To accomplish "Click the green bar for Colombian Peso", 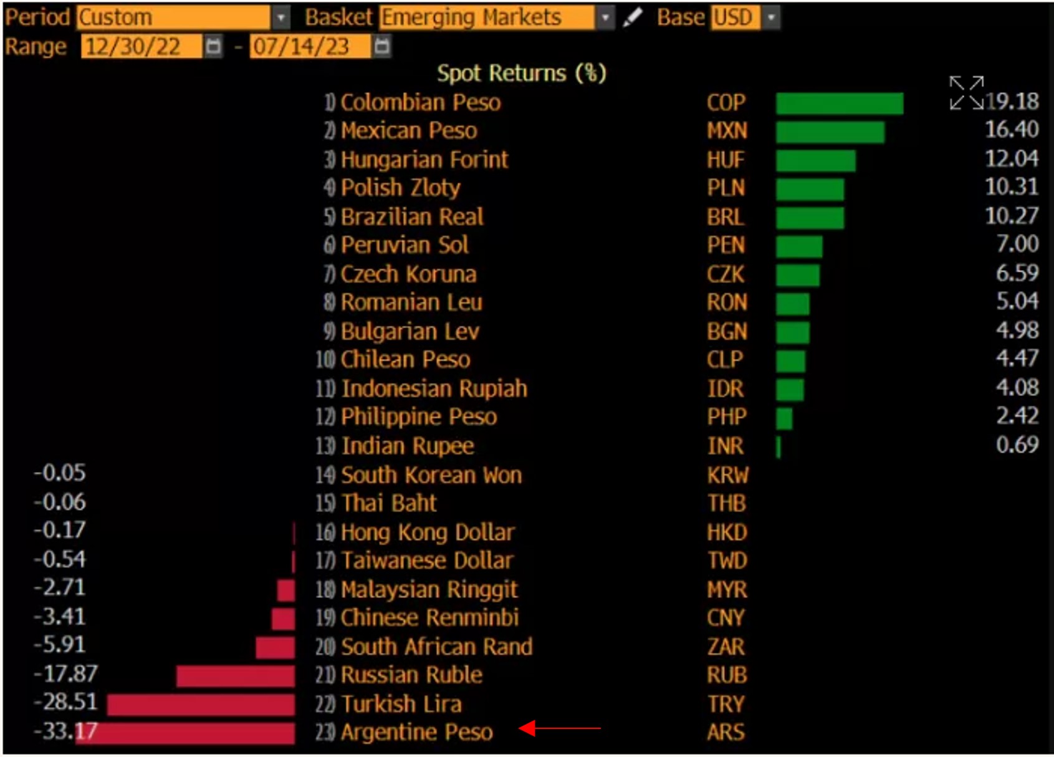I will pyautogui.click(x=839, y=103).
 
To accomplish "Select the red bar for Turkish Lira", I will pyautogui.click(x=201, y=705).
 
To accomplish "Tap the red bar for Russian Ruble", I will pyautogui.click(x=235, y=676).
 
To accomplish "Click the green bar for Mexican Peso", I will pyautogui.click(x=830, y=132).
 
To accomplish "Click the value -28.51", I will pyautogui.click(x=65, y=702).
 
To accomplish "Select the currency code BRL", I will pyautogui.click(x=726, y=217).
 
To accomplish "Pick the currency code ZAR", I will pyautogui.click(x=726, y=647).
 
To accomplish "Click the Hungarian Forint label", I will pyautogui.click(x=424, y=160).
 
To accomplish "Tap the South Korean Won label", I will pyautogui.click(x=431, y=475).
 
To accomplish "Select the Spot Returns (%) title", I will pyautogui.click(x=521, y=73).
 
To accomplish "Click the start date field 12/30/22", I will pyautogui.click(x=141, y=47).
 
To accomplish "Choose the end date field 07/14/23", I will pyautogui.click(x=309, y=47).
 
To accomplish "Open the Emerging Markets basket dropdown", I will pyautogui.click(x=604, y=18).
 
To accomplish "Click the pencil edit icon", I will pyautogui.click(x=632, y=18).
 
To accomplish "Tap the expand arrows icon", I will pyautogui.click(x=965, y=93).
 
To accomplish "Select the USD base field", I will pyautogui.click(x=734, y=18).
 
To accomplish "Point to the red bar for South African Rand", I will pyautogui.click(x=275, y=647).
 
